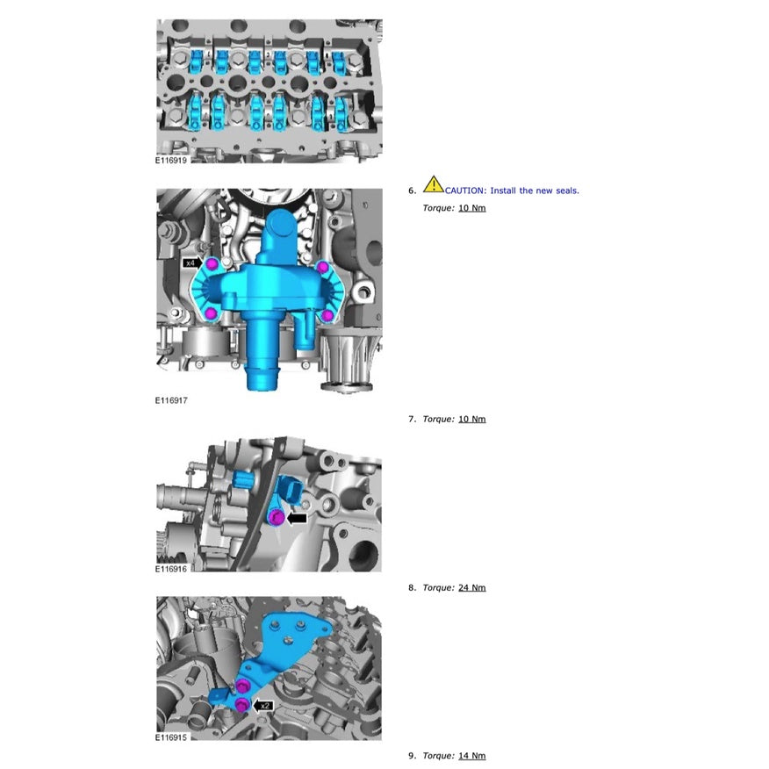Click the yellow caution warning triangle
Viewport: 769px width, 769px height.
[433, 184]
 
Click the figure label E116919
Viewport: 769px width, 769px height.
[170, 161]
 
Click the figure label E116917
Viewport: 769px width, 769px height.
[171, 400]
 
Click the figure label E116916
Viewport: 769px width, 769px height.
[171, 569]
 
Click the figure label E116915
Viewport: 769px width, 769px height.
[171, 737]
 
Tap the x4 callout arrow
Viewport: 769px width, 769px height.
[193, 262]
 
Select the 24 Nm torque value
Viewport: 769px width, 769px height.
[472, 587]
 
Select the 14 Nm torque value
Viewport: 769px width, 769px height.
[472, 756]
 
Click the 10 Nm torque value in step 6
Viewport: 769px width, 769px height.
[472, 208]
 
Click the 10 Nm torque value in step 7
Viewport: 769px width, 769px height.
[472, 419]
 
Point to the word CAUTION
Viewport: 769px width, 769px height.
[466, 190]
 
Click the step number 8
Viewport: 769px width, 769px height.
[411, 587]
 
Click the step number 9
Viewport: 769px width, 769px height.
[411, 756]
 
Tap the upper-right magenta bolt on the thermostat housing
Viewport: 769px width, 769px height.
[323, 267]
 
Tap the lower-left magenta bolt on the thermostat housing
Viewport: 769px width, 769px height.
[210, 314]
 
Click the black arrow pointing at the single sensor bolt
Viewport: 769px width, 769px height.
[297, 519]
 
